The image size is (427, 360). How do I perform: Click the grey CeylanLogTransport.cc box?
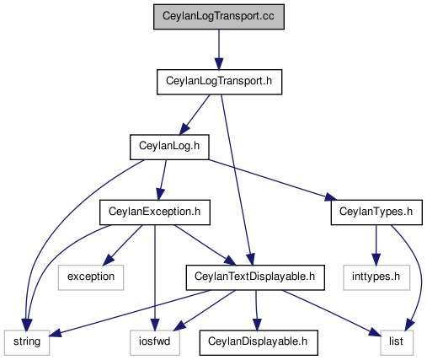[219, 17]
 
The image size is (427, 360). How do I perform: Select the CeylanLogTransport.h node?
[219, 82]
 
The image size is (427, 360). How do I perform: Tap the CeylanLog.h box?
[169, 147]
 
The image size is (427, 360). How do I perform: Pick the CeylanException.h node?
[155, 212]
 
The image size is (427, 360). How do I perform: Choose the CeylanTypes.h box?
[376, 212]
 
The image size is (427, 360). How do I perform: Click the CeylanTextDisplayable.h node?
[255, 277]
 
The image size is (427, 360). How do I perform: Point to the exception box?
[91, 277]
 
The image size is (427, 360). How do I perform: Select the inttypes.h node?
[376, 277]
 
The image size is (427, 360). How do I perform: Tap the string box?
[27, 342]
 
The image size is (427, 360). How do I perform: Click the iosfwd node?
[155, 342]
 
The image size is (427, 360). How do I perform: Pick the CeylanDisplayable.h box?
[259, 342]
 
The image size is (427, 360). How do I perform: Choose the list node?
[397, 342]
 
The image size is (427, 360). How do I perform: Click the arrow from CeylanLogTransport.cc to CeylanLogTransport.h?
[219, 49]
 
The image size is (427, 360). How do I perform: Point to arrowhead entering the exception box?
[108, 261]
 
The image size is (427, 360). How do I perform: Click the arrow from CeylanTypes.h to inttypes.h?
[376, 245]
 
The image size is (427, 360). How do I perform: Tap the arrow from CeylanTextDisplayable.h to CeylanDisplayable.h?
[256, 310]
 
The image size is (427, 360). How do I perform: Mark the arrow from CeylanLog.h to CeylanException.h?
[163, 180]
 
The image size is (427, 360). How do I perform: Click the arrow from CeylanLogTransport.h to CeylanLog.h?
[195, 115]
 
